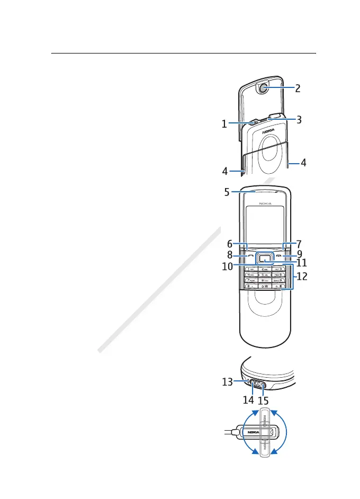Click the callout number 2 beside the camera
tap(298, 89)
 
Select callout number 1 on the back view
tap(224, 124)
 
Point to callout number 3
tap(299, 120)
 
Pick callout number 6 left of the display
tap(229, 244)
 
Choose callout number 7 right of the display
tap(299, 244)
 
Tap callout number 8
tap(229, 254)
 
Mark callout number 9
tap(299, 254)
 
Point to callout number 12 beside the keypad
tap(301, 277)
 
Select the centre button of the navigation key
tap(264, 258)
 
